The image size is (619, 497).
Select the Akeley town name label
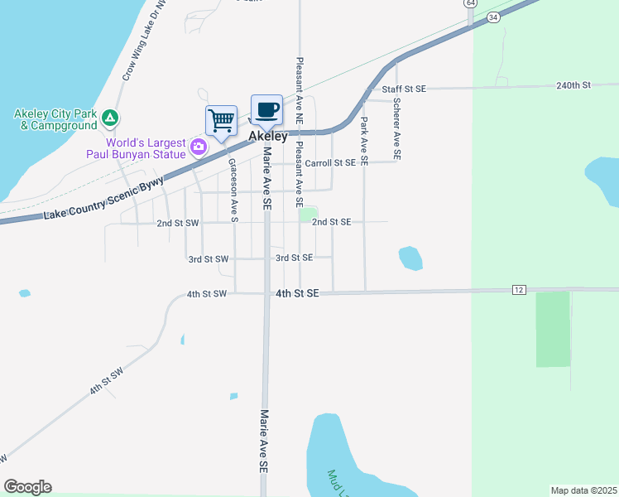(x=268, y=135)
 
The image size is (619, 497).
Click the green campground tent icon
(x=110, y=119)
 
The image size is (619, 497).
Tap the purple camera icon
(x=198, y=147)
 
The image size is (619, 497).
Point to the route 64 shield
(x=470, y=3)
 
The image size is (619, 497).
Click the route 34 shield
(x=493, y=17)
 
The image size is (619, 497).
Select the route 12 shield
(x=519, y=289)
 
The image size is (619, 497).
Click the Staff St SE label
(x=403, y=88)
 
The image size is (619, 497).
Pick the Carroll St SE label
(x=330, y=163)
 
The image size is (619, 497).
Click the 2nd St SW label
(x=178, y=223)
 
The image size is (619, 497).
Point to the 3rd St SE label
(x=294, y=258)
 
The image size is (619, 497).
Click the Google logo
(x=27, y=487)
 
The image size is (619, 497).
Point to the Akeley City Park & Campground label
(x=55, y=119)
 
